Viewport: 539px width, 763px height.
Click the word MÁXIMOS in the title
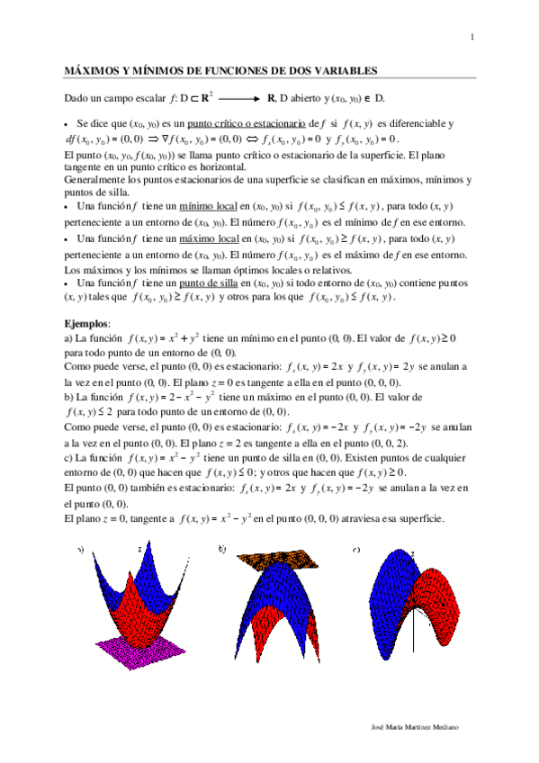[94, 70]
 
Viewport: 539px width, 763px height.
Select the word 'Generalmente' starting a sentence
[94, 178]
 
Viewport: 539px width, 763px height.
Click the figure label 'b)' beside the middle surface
[222, 548]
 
